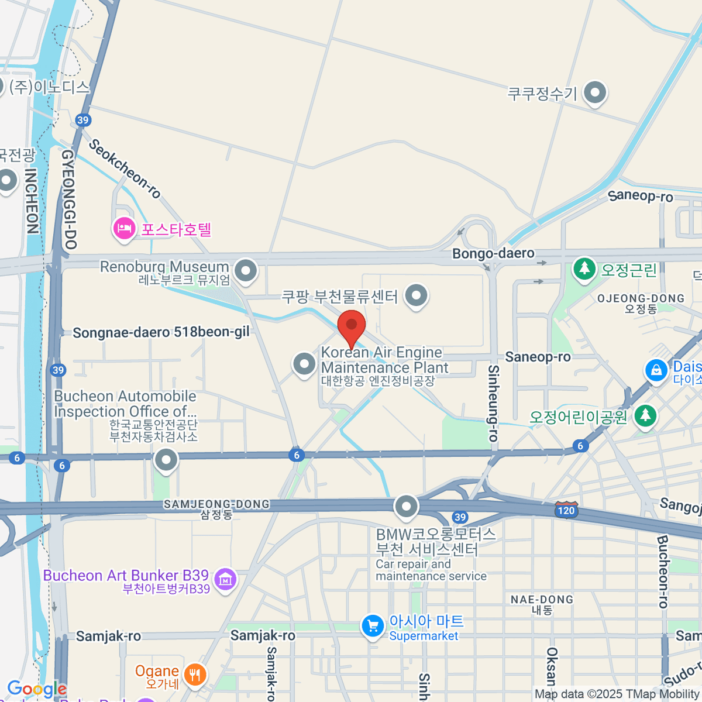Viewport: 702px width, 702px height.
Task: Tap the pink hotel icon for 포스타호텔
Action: point(124,228)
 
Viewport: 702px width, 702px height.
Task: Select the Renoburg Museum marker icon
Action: point(246,271)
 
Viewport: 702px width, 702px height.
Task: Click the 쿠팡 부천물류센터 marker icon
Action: point(416,295)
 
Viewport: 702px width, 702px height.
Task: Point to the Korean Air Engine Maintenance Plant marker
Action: point(304,364)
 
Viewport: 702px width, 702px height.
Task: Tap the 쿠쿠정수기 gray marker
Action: point(596,92)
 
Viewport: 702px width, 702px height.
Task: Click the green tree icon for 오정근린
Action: point(584,270)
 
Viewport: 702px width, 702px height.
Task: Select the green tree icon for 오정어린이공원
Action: point(645,416)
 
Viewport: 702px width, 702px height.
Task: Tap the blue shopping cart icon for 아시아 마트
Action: point(372,626)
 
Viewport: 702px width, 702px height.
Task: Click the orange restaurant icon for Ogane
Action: point(195,675)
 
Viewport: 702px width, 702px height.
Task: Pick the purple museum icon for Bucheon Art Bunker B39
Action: point(225,579)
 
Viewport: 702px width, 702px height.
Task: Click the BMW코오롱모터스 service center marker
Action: point(406,507)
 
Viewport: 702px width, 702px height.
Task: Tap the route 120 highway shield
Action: point(566,510)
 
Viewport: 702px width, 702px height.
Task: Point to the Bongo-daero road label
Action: point(493,253)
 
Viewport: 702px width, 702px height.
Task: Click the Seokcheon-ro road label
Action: point(125,168)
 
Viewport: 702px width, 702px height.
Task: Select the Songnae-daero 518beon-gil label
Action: point(161,332)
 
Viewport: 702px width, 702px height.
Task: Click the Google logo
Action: point(36,689)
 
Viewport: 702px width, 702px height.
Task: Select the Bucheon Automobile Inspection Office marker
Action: point(166,460)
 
